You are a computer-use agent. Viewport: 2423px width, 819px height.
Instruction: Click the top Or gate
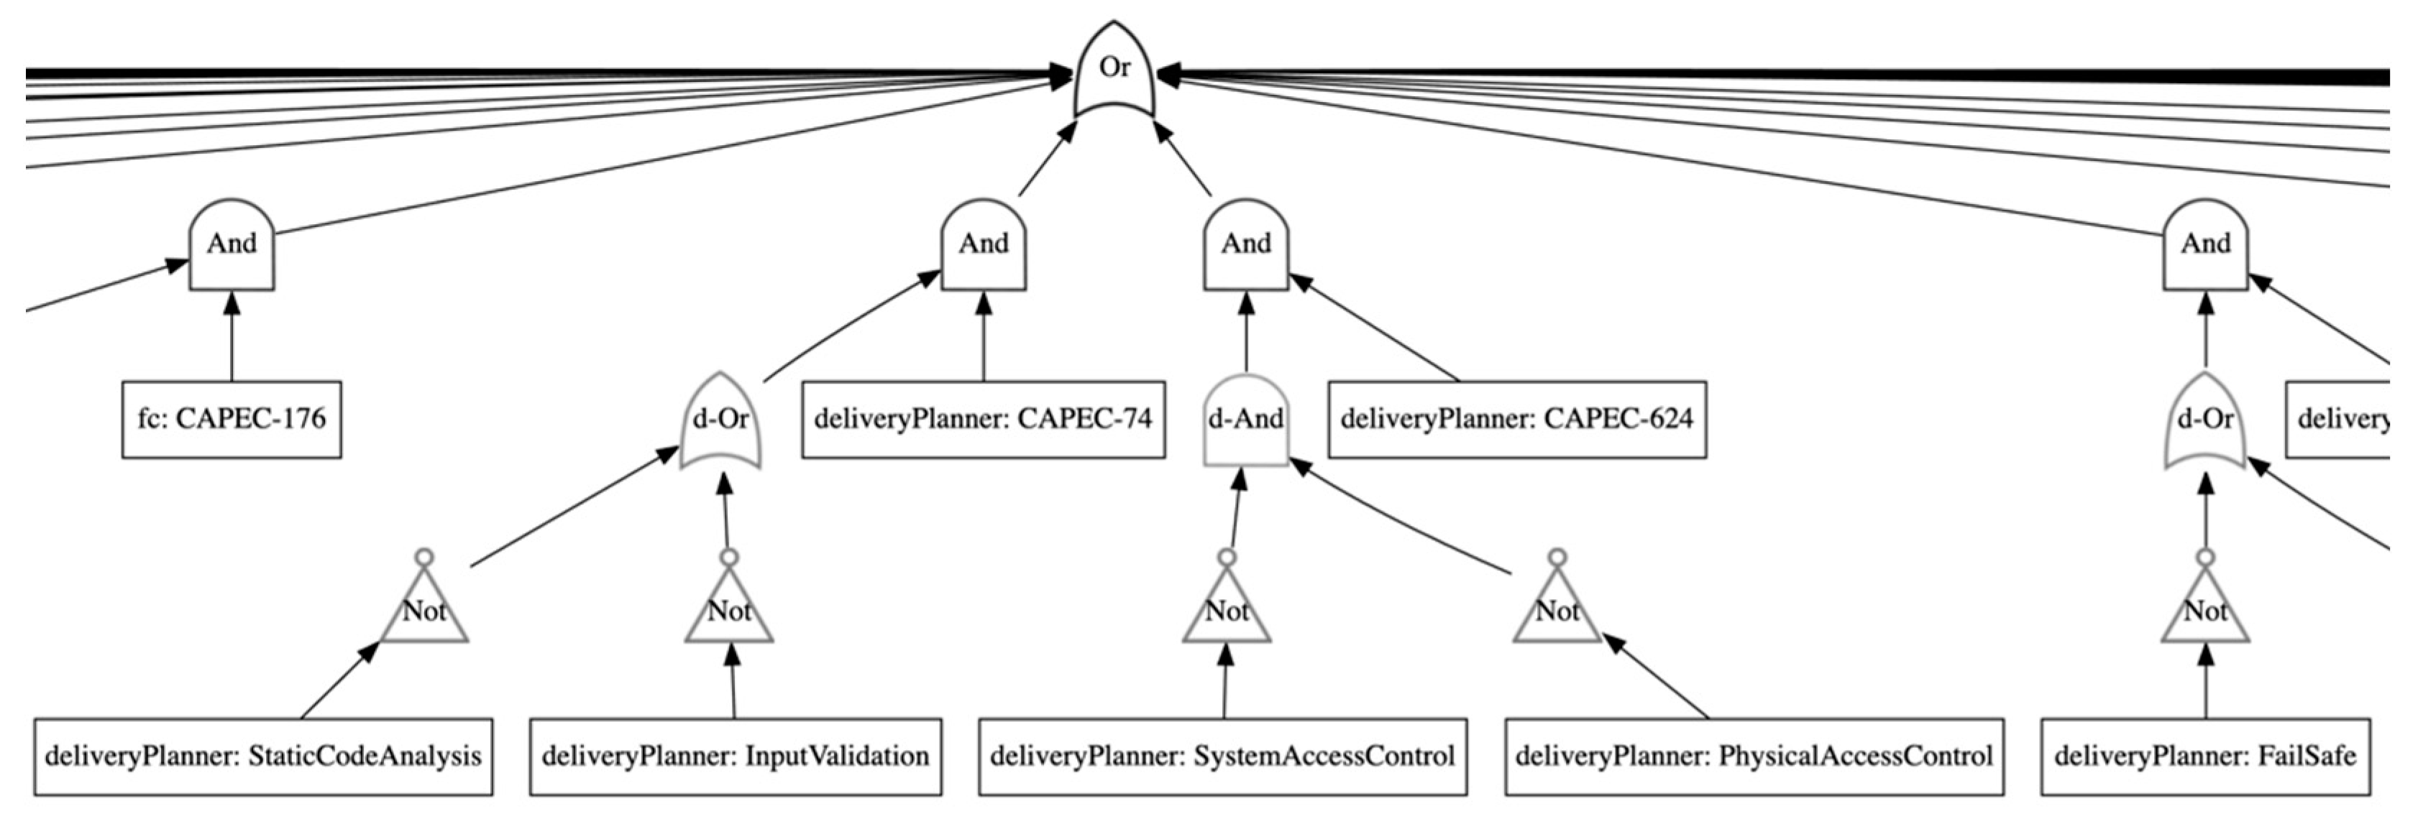1114,70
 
